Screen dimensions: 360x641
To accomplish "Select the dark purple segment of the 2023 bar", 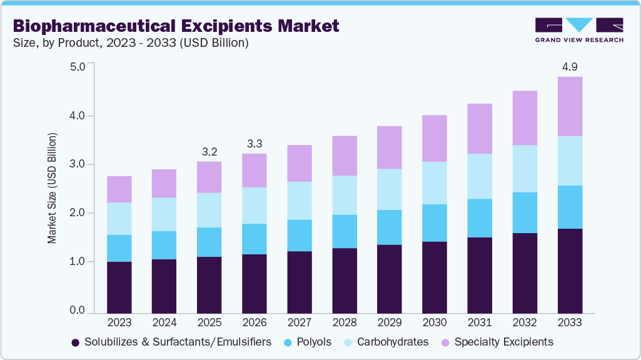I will click(119, 287).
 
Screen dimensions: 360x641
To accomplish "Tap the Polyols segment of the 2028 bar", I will click(344, 231).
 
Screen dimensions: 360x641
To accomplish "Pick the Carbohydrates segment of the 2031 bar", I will click(479, 176).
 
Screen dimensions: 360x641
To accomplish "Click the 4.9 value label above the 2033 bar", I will click(570, 66).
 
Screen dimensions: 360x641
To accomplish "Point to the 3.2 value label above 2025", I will click(209, 151).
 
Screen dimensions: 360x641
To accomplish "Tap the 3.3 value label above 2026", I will click(255, 143).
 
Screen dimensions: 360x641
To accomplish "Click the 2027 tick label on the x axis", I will click(300, 322).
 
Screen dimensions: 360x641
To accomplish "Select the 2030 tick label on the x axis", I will click(435, 322).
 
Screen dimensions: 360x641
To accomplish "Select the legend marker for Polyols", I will click(289, 342).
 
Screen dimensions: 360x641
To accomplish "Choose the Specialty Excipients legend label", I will click(503, 342).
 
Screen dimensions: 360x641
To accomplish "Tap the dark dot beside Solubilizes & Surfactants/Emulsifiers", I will click(76, 342).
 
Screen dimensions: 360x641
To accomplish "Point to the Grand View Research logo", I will click(579, 30).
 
